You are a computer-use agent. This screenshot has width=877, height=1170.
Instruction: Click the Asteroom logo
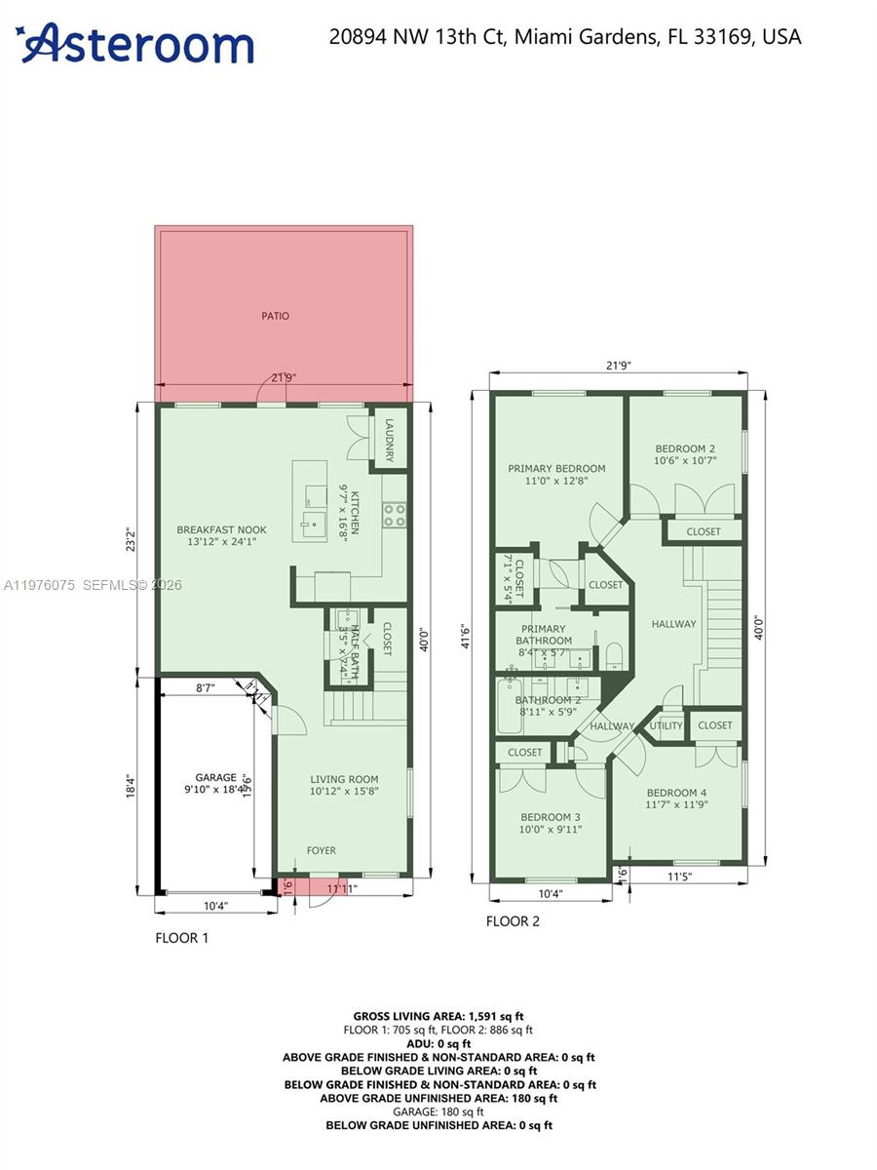pyautogui.click(x=136, y=44)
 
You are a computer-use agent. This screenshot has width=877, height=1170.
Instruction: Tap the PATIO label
pyautogui.click(x=275, y=316)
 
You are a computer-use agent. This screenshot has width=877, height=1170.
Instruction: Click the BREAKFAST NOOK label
pyautogui.click(x=221, y=530)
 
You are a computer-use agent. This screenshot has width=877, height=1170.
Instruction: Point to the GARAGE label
pyautogui.click(x=215, y=778)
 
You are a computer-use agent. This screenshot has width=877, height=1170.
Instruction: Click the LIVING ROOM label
pyautogui.click(x=344, y=779)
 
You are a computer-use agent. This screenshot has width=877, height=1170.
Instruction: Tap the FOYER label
pyautogui.click(x=322, y=850)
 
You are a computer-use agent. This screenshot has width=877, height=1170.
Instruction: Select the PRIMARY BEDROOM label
pyautogui.click(x=556, y=469)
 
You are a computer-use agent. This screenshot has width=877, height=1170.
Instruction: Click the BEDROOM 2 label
pyautogui.click(x=685, y=448)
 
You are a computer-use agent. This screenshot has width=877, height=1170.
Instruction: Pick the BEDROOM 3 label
pyautogui.click(x=550, y=817)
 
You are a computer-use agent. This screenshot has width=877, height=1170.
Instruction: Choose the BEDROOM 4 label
pyautogui.click(x=677, y=793)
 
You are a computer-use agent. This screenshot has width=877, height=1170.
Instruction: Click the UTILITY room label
pyautogui.click(x=667, y=725)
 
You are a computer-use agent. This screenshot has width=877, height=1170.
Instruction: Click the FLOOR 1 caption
pyautogui.click(x=182, y=938)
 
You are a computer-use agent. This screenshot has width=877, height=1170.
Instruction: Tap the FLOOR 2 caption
pyautogui.click(x=513, y=921)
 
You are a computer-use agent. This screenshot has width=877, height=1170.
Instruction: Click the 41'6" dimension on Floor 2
pyautogui.click(x=466, y=636)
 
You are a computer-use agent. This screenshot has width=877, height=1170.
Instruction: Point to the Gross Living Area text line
pyautogui.click(x=439, y=1015)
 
